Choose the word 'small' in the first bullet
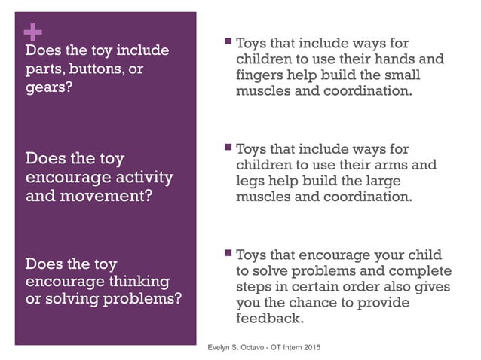(403, 76)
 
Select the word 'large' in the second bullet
(381, 182)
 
